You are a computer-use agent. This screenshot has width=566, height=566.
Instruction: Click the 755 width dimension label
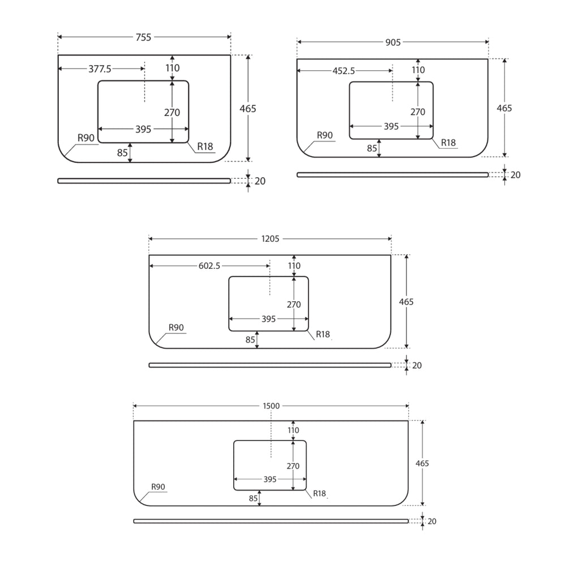(143, 37)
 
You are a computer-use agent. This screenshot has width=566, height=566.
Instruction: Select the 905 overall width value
(393, 42)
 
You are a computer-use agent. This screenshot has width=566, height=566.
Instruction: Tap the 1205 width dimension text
(271, 239)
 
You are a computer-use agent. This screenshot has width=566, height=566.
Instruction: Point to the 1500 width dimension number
(271, 406)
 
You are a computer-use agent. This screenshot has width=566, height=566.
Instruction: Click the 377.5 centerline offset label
(100, 69)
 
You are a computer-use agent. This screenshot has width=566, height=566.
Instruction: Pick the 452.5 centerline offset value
(344, 71)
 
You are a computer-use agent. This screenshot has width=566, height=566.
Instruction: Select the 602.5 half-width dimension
(209, 266)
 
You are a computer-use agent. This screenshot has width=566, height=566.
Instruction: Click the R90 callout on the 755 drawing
(86, 138)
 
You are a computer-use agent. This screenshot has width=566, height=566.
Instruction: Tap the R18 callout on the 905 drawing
(448, 143)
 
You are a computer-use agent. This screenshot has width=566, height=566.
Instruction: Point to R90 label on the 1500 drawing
(158, 487)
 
